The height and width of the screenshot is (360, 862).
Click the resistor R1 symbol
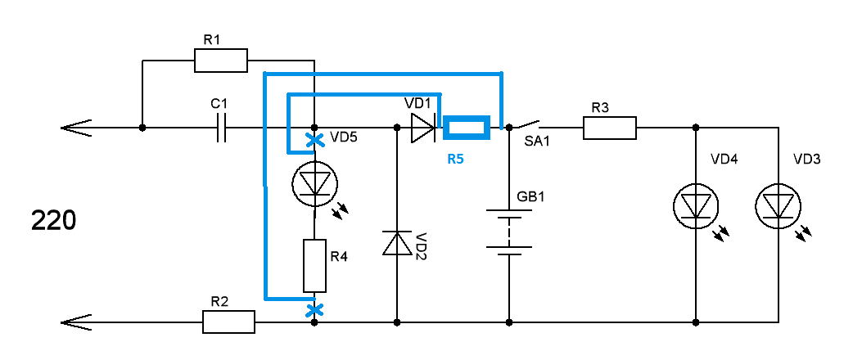pyautogui.click(x=221, y=61)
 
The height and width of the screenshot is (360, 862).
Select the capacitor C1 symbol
pyautogui.click(x=221, y=128)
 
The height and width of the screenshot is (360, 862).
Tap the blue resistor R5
pyautogui.click(x=467, y=128)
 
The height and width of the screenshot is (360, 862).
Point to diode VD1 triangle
pyautogui.click(x=422, y=128)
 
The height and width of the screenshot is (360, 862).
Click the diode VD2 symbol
pyautogui.click(x=397, y=243)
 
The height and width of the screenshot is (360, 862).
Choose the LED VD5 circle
pyautogui.click(x=314, y=184)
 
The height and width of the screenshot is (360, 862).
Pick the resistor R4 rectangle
pyautogui.click(x=314, y=266)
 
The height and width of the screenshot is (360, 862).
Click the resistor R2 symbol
pyautogui.click(x=229, y=322)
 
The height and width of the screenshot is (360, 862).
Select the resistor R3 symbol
pyautogui.click(x=609, y=128)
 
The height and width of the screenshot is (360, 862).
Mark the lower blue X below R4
pyautogui.click(x=314, y=309)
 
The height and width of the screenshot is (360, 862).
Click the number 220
pyautogui.click(x=53, y=221)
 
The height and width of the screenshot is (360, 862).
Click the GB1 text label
pyautogui.click(x=530, y=198)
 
